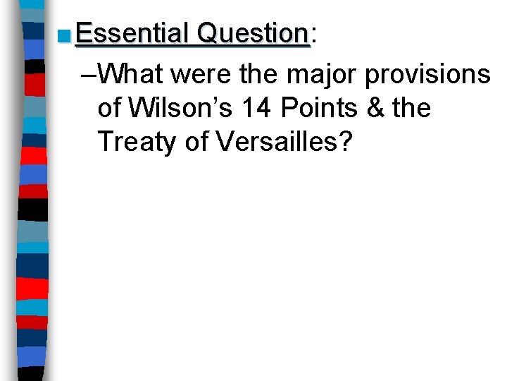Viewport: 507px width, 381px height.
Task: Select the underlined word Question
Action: point(254,33)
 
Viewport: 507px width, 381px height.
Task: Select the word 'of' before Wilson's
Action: point(111,107)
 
